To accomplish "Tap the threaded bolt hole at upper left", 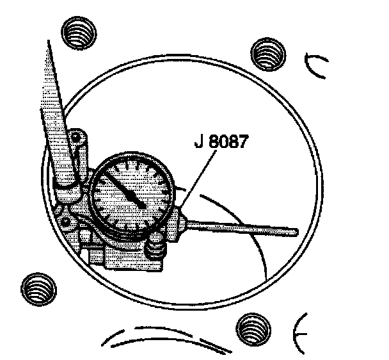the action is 78,29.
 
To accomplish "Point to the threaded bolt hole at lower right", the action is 252,330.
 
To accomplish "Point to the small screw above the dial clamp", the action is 77,138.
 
